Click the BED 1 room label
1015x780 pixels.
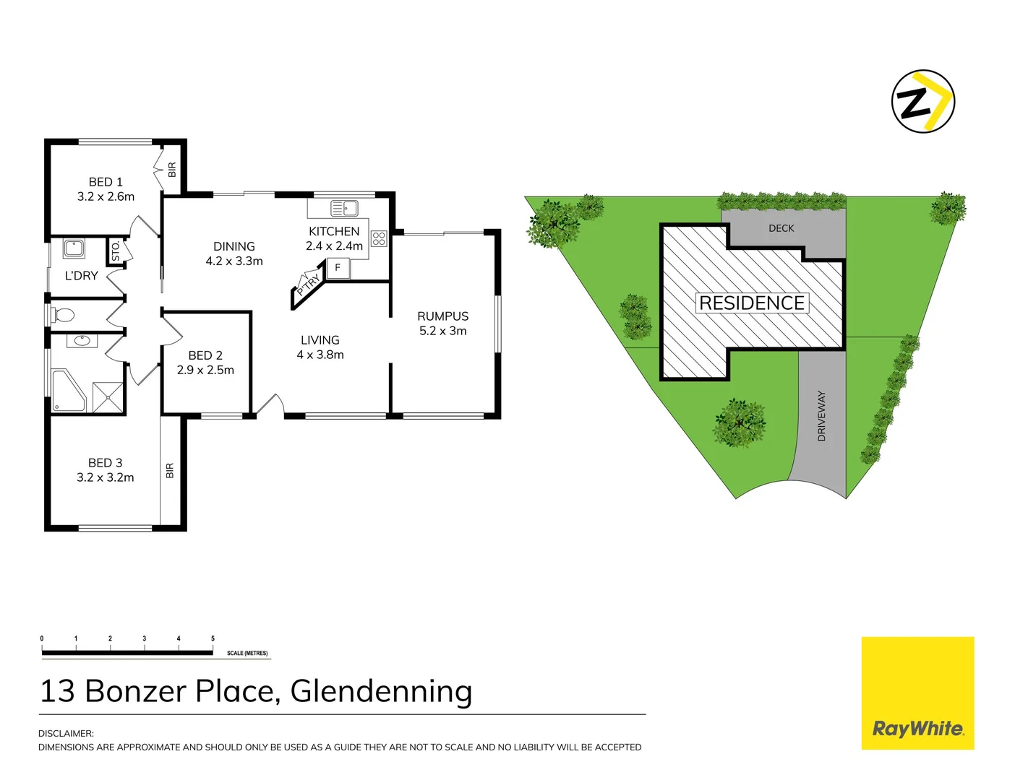click(x=106, y=182)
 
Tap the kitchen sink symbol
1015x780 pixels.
click(x=345, y=209)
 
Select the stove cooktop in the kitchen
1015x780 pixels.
click(x=379, y=238)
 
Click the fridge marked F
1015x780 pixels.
click(x=338, y=268)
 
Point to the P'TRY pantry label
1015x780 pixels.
click(x=309, y=285)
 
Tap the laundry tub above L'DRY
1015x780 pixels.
click(x=74, y=248)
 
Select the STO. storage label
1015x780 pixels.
click(x=116, y=251)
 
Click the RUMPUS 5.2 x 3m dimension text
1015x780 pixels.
click(x=443, y=331)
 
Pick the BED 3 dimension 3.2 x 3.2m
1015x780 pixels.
click(x=106, y=477)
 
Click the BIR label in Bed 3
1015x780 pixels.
click(x=170, y=471)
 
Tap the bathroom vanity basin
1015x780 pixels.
click(x=82, y=340)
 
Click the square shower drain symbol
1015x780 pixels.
click(x=109, y=396)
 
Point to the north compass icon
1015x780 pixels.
click(x=922, y=102)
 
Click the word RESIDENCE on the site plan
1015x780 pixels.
click(x=752, y=303)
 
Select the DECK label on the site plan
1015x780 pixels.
click(x=781, y=228)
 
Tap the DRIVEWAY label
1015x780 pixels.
click(x=821, y=416)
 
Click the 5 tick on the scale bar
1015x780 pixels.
click(x=213, y=639)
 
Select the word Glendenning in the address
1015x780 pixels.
click(x=381, y=691)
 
